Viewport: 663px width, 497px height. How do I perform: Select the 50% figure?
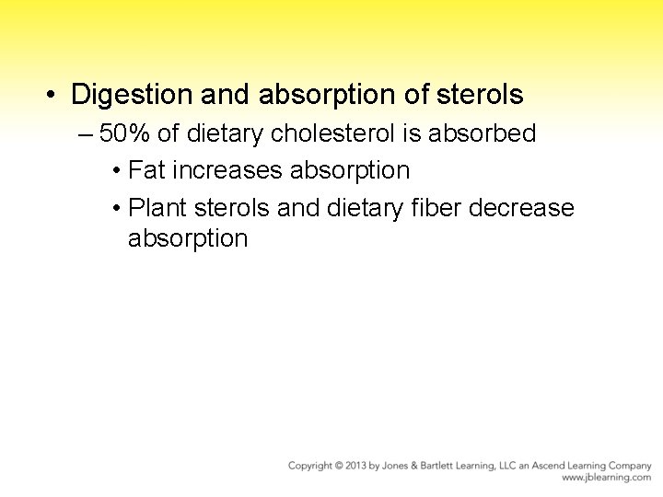click(125, 133)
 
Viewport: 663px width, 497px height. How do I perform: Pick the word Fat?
click(147, 170)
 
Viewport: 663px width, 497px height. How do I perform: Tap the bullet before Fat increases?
click(115, 171)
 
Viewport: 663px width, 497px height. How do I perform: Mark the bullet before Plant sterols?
click(115, 209)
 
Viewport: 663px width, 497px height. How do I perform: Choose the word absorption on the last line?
click(188, 238)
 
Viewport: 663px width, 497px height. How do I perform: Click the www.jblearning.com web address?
click(606, 479)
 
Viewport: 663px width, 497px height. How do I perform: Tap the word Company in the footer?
click(629, 466)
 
